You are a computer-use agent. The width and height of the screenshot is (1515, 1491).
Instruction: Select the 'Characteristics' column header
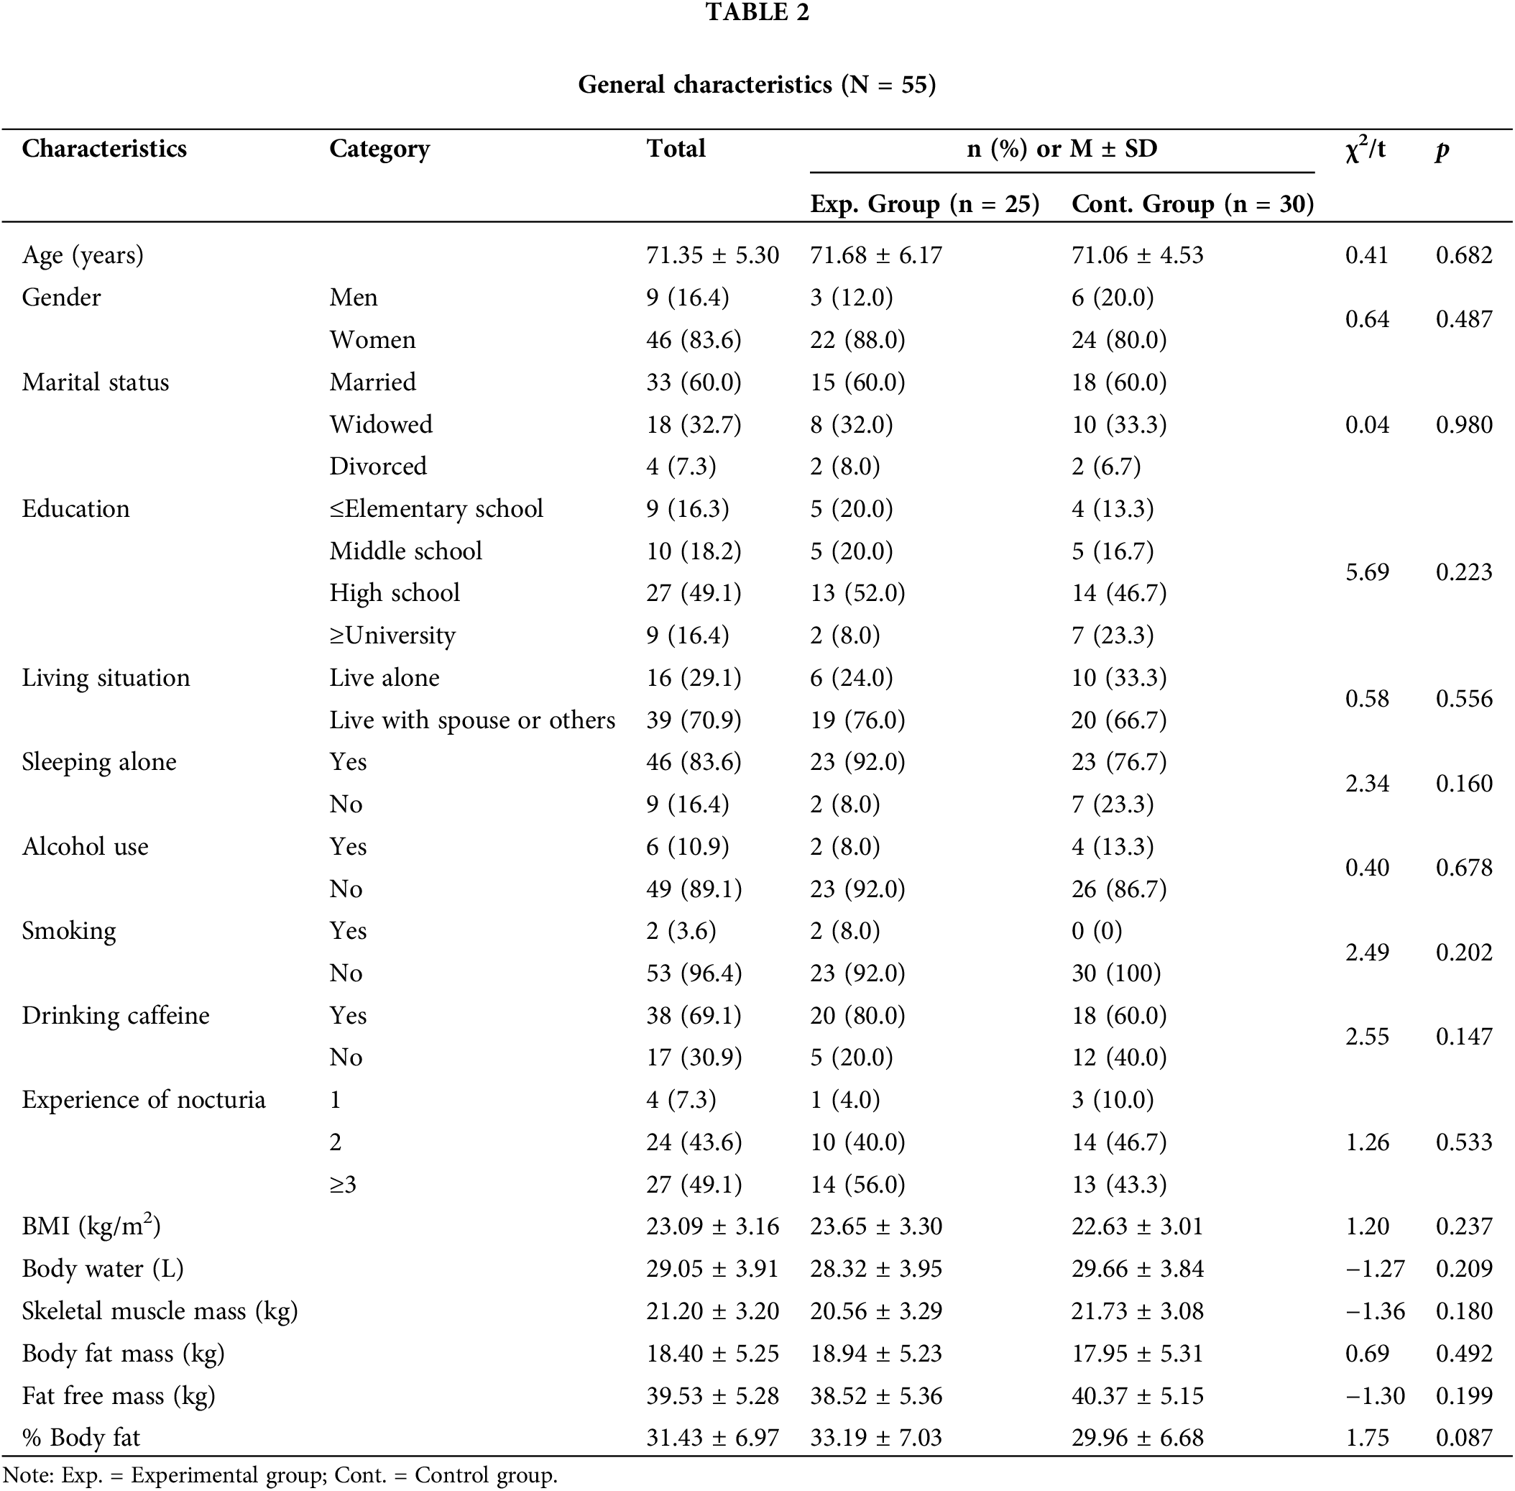pyautogui.click(x=104, y=149)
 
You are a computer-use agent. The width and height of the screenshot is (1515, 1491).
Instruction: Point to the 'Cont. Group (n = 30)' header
pyautogui.click(x=1192, y=204)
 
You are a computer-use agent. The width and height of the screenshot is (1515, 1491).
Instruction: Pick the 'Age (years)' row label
pyautogui.click(x=83, y=255)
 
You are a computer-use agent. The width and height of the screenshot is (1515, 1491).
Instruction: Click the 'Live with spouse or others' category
pyautogui.click(x=472, y=720)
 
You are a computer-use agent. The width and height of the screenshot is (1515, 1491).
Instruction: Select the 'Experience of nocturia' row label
pyautogui.click(x=143, y=1100)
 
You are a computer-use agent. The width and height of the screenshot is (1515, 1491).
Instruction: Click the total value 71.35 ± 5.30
pyautogui.click(x=712, y=255)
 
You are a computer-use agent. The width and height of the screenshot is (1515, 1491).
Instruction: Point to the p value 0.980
pyautogui.click(x=1464, y=424)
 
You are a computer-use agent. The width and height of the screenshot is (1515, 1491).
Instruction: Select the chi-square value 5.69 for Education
pyautogui.click(x=1367, y=572)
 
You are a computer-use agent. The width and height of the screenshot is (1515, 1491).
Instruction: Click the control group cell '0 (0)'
pyautogui.click(x=1096, y=931)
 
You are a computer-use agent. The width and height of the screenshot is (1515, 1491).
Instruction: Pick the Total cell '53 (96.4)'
pyautogui.click(x=694, y=973)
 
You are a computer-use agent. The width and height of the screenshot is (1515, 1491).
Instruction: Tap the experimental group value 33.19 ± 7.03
pyautogui.click(x=876, y=1439)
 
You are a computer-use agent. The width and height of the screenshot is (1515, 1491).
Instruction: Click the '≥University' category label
pyautogui.click(x=392, y=635)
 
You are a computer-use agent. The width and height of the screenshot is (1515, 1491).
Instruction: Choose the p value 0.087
pyautogui.click(x=1464, y=1439)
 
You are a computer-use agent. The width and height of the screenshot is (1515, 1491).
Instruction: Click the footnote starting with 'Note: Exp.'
pyautogui.click(x=280, y=1476)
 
